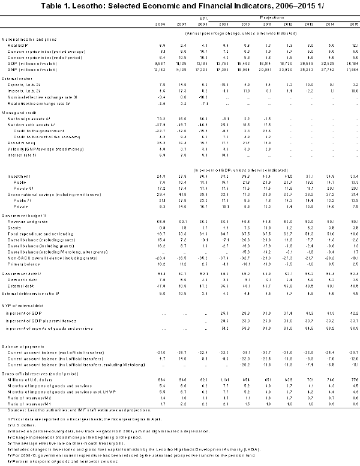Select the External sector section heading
[x=19, y=76]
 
